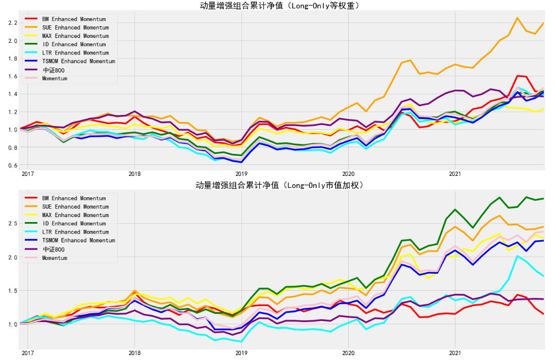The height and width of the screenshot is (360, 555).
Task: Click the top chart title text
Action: (x=279, y=6)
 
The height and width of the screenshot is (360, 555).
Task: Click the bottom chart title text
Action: (x=279, y=185)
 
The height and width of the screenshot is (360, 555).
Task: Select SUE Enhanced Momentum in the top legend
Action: (x=74, y=27)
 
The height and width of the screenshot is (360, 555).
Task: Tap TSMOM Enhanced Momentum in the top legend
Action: (x=79, y=62)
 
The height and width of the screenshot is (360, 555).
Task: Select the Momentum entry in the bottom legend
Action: (x=54, y=258)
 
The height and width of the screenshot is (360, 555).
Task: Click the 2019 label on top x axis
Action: (x=241, y=174)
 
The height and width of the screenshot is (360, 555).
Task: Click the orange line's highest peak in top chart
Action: (x=517, y=18)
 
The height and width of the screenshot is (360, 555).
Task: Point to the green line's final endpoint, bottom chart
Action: (x=544, y=198)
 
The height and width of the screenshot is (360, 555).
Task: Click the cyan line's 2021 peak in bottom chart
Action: (x=517, y=256)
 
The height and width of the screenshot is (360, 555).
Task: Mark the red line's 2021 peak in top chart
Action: (x=518, y=76)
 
